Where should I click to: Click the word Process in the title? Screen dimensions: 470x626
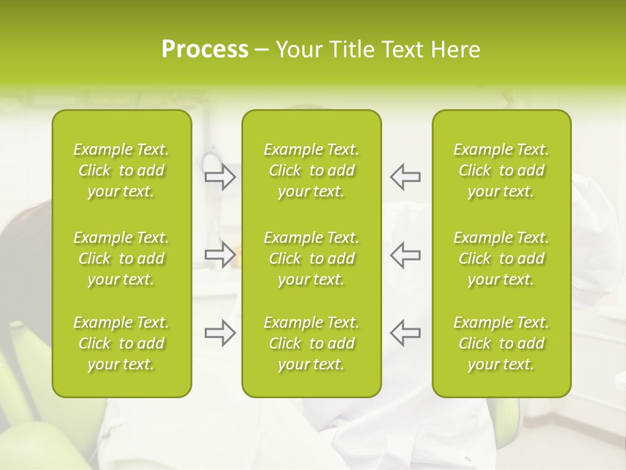pyautogui.click(x=205, y=50)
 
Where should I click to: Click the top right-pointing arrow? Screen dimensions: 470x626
pyautogui.click(x=220, y=176)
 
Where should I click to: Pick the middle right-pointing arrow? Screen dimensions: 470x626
pyautogui.click(x=220, y=255)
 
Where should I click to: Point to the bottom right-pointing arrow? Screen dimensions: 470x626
pyautogui.click(x=220, y=333)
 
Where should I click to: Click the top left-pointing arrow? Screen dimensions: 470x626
pyautogui.click(x=406, y=176)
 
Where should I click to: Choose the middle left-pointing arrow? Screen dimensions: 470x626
pyautogui.click(x=406, y=255)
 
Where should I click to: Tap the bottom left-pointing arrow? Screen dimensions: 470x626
pyautogui.click(x=406, y=333)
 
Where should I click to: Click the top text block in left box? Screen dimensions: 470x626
pyautogui.click(x=121, y=170)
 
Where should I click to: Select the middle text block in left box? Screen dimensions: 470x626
pyautogui.click(x=121, y=258)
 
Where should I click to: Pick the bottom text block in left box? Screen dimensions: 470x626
pyautogui.click(x=121, y=343)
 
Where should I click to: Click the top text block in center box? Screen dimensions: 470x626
pyautogui.click(x=312, y=170)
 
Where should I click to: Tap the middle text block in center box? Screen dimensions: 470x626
pyautogui.click(x=312, y=258)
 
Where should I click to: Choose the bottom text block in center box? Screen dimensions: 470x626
pyautogui.click(x=312, y=343)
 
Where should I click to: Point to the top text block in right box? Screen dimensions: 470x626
pyautogui.click(x=501, y=170)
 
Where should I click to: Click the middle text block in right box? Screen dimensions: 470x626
pyautogui.click(x=501, y=258)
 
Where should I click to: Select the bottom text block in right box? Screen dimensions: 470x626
pyautogui.click(x=501, y=343)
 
